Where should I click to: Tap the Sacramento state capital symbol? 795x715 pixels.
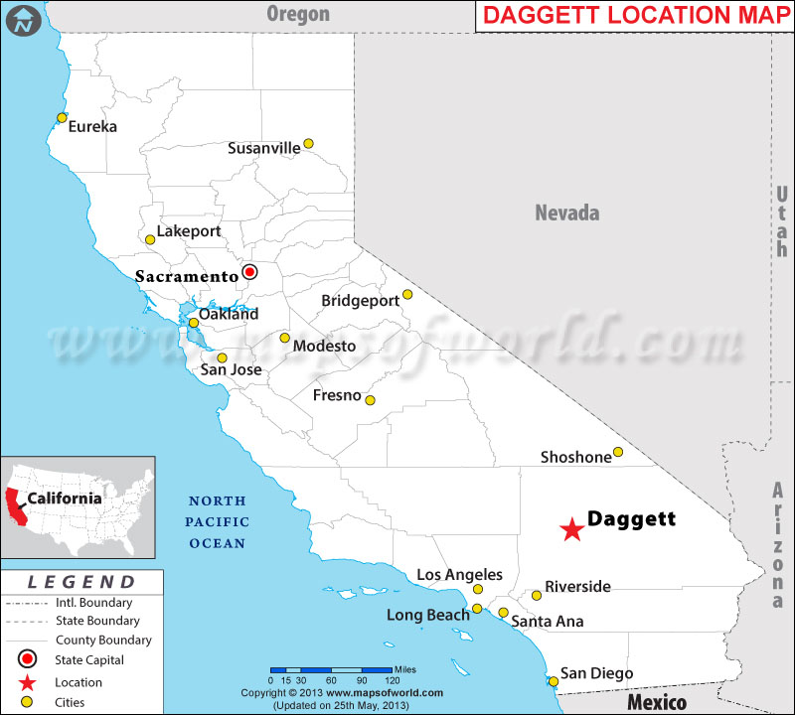[250, 271]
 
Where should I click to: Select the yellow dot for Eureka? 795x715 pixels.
[62, 118]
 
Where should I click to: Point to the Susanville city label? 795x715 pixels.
[263, 148]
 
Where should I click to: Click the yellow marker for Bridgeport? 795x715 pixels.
[406, 295]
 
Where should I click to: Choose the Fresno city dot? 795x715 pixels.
[370, 400]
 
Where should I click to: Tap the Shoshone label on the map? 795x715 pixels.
[575, 457]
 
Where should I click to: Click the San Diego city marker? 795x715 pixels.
[553, 680]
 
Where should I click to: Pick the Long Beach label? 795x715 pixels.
[428, 616]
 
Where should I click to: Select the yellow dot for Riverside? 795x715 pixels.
[537, 596]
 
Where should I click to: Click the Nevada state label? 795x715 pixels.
[567, 213]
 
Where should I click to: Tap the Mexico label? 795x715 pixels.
[657, 702]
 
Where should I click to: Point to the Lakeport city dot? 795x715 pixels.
[150, 239]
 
